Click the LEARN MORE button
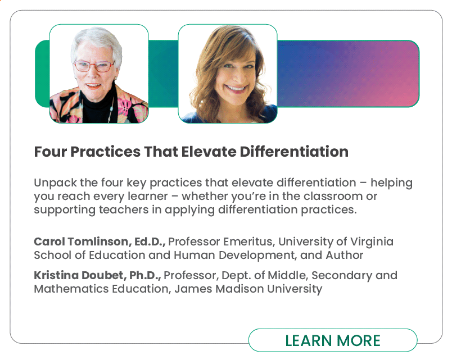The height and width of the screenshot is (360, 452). (333, 340)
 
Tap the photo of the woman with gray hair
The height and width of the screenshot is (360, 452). (99, 74)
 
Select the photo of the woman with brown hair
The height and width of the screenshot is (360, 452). (228, 74)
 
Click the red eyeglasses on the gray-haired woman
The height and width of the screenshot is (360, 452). (94, 66)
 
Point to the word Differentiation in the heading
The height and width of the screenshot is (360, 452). (294, 152)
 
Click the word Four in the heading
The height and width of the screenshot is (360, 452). (51, 152)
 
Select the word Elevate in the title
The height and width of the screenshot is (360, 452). (209, 152)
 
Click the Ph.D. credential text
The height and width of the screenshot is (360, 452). (145, 275)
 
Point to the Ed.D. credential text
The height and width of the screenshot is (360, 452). (150, 241)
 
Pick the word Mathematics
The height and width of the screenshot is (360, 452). (71, 289)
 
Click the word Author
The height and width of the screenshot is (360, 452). (345, 255)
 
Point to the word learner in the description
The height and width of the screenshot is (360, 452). (148, 196)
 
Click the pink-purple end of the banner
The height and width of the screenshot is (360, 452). (398, 74)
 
